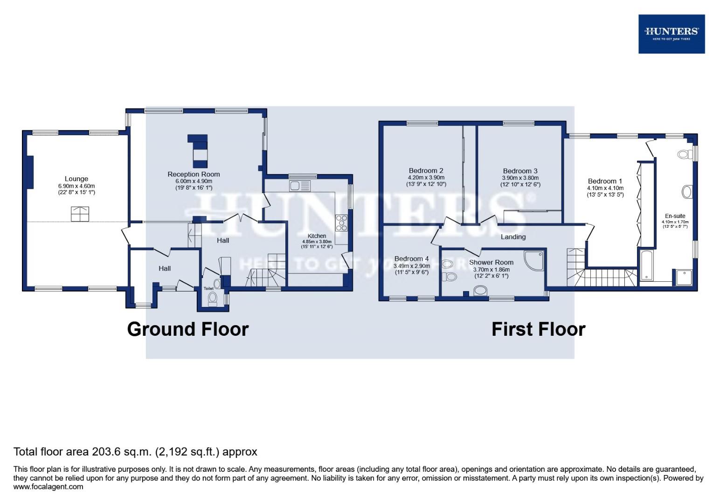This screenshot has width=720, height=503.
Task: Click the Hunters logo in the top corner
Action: (671, 34)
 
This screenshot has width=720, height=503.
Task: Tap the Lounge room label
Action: (76, 179)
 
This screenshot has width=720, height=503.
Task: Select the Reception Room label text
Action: (194, 174)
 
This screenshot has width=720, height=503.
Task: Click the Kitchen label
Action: (317, 236)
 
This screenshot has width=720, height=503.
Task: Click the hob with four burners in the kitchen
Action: (341, 223)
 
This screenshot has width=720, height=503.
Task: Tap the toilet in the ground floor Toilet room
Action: (213, 298)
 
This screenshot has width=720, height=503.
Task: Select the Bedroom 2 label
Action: (426, 170)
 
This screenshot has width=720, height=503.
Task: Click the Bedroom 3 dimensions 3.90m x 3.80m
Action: (520, 178)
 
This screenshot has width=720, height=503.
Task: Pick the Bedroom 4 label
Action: (411, 258)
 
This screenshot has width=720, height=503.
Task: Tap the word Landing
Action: (513, 237)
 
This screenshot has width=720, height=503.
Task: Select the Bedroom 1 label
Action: (605, 181)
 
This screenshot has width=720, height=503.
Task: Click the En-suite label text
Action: (675, 216)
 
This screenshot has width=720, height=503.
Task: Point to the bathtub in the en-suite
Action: (647, 265)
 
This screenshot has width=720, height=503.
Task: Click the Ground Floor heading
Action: (187, 329)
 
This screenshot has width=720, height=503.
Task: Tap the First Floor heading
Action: (538, 329)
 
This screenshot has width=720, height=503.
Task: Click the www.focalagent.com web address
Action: (48, 487)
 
